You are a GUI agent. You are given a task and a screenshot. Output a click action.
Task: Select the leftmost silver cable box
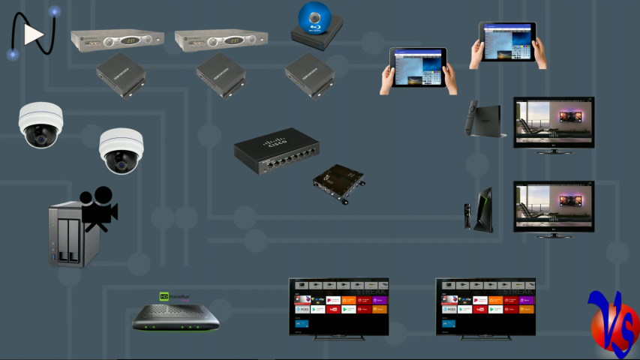[117, 40]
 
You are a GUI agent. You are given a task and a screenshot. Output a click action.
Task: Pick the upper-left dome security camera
[41, 124]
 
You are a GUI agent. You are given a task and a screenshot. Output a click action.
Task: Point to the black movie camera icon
[98, 209]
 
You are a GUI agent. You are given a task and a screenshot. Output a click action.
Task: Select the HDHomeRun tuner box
[176, 318]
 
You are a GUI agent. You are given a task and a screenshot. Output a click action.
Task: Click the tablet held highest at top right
[508, 44]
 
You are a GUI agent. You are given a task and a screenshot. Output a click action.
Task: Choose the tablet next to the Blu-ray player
[418, 70]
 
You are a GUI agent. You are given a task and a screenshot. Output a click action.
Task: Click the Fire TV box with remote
[482, 119]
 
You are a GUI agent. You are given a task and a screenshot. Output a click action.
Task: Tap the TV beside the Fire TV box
[553, 124]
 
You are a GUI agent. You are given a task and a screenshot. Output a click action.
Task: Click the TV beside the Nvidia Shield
[553, 208]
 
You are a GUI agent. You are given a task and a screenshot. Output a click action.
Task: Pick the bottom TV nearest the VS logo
[485, 308]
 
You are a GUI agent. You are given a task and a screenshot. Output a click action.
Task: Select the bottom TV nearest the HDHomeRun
[338, 308]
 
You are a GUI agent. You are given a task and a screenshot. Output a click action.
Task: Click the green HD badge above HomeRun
[164, 296]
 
